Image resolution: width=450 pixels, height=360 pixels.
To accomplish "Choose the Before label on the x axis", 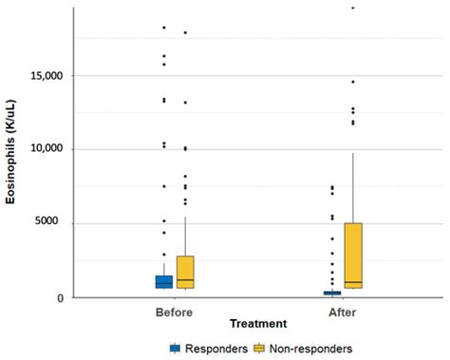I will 174,311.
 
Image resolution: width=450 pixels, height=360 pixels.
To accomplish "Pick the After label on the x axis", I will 344,311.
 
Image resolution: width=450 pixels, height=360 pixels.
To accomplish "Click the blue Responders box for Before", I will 164,281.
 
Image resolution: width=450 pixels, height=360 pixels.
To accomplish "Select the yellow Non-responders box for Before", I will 185,272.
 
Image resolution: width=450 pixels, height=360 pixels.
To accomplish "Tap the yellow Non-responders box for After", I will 353,256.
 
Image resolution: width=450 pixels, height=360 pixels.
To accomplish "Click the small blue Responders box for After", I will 332,293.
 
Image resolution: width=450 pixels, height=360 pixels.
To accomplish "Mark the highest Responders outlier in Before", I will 164,28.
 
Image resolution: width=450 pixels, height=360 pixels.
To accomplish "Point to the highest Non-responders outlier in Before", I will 185,32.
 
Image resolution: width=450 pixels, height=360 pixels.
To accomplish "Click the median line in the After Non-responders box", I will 353,282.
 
